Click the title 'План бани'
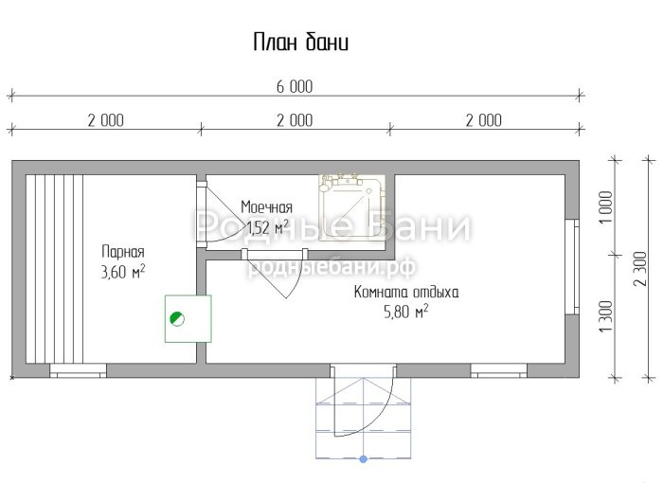[300, 43]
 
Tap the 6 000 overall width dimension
[295, 87]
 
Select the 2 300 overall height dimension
[640, 269]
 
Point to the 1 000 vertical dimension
[606, 207]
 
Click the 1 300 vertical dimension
[606, 316]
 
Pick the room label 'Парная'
[123, 252]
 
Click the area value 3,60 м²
[123, 272]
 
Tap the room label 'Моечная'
[266, 207]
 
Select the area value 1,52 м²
[267, 227]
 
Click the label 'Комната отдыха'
[406, 293]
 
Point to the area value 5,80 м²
[406, 312]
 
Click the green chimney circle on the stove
[177, 318]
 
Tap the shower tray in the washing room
[351, 207]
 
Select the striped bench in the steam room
[54, 269]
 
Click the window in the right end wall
[572, 267]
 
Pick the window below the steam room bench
[79, 370]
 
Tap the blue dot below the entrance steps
[363, 459]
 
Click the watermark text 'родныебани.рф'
[331, 266]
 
